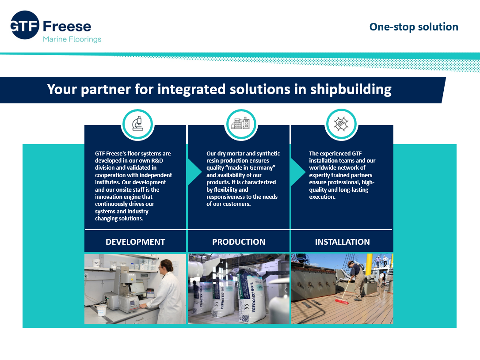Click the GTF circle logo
[x=25, y=25]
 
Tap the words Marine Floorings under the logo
[x=72, y=39]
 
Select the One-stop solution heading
[x=414, y=27]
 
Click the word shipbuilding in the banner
[x=351, y=90]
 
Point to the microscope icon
[x=137, y=124]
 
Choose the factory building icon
[x=240, y=123]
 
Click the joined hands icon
[x=341, y=124]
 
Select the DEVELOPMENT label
[x=135, y=242]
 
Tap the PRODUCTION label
[x=239, y=242]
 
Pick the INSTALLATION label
[x=342, y=242]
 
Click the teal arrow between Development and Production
[x=194, y=172]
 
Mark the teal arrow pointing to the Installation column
[x=297, y=172]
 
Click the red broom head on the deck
[x=342, y=302]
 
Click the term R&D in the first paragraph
[x=157, y=161]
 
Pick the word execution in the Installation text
[x=322, y=197]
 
